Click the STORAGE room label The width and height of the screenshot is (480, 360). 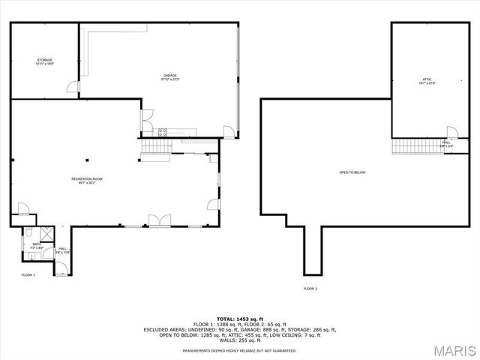pyautogui.click(x=44, y=60)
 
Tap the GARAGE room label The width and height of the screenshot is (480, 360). pyautogui.click(x=170, y=76)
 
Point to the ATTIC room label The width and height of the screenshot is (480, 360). pyautogui.click(x=427, y=80)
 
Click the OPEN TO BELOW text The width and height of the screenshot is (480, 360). pyautogui.click(x=352, y=172)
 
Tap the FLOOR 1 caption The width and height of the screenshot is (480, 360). pyautogui.click(x=28, y=275)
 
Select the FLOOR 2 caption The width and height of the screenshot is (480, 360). pyautogui.click(x=310, y=289)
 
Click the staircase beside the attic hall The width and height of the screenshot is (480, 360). pyautogui.click(x=417, y=145)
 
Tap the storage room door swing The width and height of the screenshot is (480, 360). pyautogui.click(x=73, y=88)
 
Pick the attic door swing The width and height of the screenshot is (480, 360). pyautogui.click(x=451, y=132)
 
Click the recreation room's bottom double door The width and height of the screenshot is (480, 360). pyautogui.click(x=158, y=220)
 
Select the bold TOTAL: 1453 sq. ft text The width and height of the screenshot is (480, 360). pyautogui.click(x=239, y=319)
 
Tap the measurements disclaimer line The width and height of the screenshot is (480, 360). pyautogui.click(x=239, y=350)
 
